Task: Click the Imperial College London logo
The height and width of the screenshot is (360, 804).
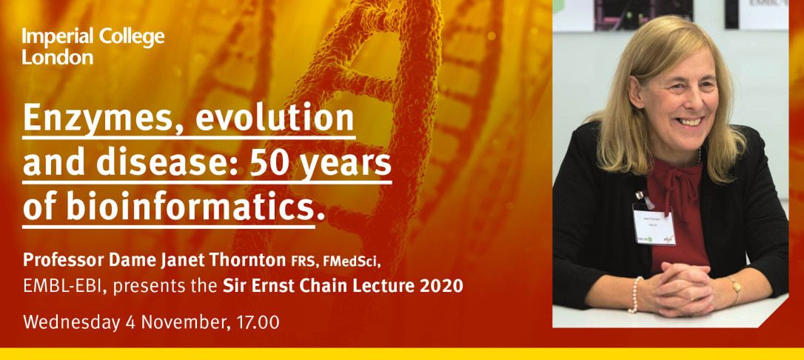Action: pos(93,47)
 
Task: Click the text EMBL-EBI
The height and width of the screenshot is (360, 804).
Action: pos(63,286)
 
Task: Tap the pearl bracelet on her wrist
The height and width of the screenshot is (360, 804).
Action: pos(634,295)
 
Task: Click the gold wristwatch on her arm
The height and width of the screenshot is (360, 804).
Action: pos(735,289)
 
